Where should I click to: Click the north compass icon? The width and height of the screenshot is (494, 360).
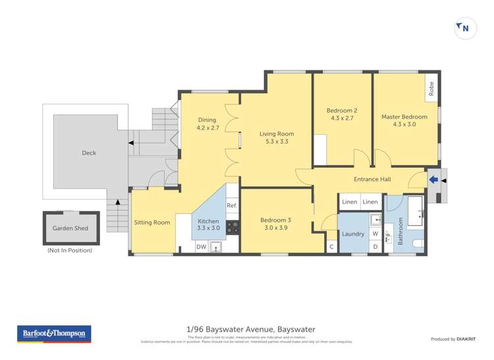click(x=466, y=28)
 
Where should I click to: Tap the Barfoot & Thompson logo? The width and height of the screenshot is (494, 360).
click(x=54, y=334)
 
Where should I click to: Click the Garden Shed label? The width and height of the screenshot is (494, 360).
click(x=70, y=228)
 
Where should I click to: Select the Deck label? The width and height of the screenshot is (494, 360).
click(x=89, y=153)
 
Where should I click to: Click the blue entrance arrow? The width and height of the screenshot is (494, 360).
click(x=433, y=178)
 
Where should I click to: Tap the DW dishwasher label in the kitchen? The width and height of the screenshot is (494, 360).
click(x=202, y=247)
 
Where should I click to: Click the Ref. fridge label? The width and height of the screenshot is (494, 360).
click(x=232, y=206)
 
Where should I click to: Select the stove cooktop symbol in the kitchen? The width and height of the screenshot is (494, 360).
click(x=233, y=228)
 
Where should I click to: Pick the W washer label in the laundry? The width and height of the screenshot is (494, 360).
click(x=375, y=233)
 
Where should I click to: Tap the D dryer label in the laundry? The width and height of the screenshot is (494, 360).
click(x=375, y=247)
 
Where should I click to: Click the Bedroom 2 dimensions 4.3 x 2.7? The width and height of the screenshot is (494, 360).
click(x=342, y=118)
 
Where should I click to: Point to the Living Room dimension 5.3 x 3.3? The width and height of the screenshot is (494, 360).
click(x=276, y=141)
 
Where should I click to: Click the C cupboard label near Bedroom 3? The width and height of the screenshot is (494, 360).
click(x=331, y=247)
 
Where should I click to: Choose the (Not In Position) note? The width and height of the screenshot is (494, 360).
click(x=70, y=250)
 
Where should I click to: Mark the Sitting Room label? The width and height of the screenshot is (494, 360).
click(x=152, y=222)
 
